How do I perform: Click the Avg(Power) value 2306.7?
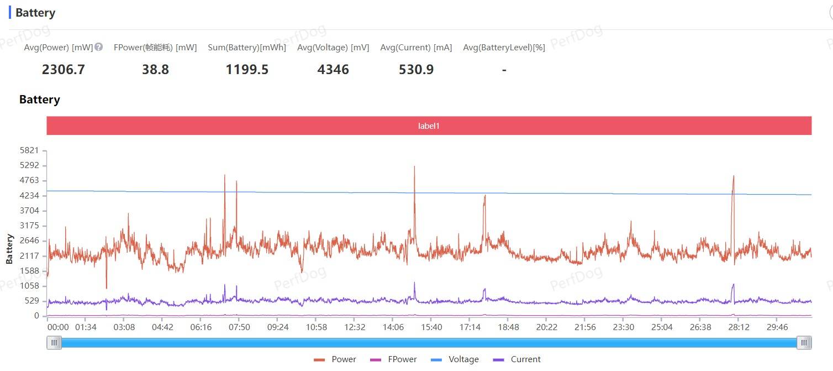(x=64, y=70)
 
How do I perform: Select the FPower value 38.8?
(x=155, y=70)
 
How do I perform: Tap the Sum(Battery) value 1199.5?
(x=247, y=70)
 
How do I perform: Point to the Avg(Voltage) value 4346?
(x=333, y=70)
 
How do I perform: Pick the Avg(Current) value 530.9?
(x=416, y=70)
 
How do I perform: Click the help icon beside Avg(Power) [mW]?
(x=99, y=47)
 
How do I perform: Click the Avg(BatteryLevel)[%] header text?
(x=504, y=48)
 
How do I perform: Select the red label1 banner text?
(x=429, y=126)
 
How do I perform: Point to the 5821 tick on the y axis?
(x=29, y=150)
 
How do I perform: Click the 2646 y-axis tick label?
(x=29, y=241)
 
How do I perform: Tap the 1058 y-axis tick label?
(x=29, y=286)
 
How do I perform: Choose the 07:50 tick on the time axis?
(x=239, y=327)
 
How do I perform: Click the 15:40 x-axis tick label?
(x=431, y=327)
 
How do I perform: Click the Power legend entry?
(x=335, y=359)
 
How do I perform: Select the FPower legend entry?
(x=393, y=359)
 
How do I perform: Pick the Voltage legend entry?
(x=455, y=359)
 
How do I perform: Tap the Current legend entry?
(x=516, y=359)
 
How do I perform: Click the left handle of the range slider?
(x=54, y=343)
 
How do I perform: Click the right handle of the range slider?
(x=804, y=343)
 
